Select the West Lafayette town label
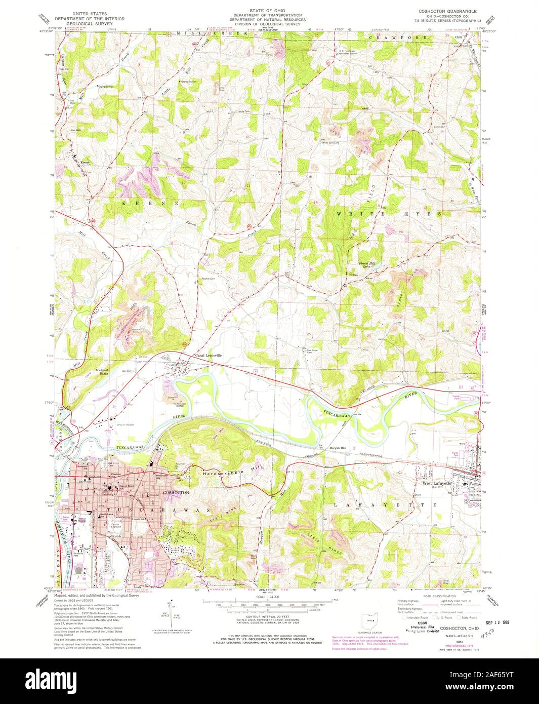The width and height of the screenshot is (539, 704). coord(436,484)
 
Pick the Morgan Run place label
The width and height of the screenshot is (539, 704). coord(337,448)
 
